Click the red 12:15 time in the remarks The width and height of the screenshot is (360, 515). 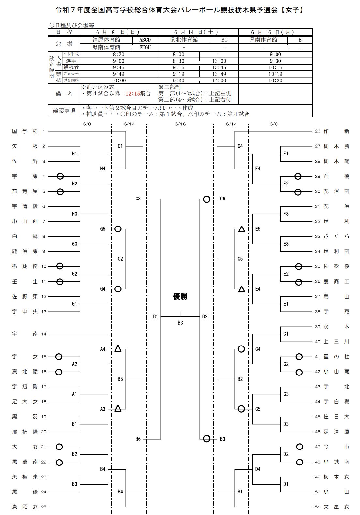point(133,93)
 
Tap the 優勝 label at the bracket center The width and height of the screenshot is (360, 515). point(180,296)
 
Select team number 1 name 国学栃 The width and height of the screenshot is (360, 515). point(25,131)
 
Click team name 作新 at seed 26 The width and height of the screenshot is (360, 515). point(336,131)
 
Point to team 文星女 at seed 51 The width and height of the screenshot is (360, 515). point(336,507)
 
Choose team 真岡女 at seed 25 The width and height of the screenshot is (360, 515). point(25,507)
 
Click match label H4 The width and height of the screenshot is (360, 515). point(103,169)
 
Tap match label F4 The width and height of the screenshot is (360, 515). point(258,169)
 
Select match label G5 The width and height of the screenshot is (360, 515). point(103,229)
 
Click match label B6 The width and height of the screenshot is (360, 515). point(138,439)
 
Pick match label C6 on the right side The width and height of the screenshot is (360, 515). point(222,199)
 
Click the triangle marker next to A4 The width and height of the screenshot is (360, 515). point(118,348)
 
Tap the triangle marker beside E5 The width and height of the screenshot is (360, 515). point(242,229)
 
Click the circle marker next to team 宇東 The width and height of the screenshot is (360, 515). point(60,176)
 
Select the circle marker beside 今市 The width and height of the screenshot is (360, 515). point(299,447)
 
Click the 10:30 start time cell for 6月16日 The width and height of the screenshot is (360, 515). point(275,81)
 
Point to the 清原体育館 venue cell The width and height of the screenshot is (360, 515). point(106,40)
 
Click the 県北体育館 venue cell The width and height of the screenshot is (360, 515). point(184,40)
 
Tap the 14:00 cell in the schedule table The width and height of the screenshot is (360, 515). point(219,81)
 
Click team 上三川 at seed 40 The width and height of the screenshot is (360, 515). point(336,342)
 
